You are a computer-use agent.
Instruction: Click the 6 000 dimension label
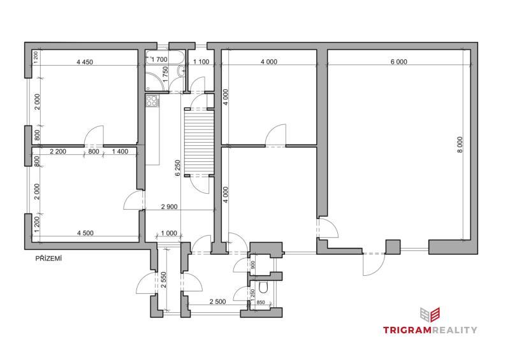[x=399, y=62]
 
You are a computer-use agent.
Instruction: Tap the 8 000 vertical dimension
[x=460, y=145]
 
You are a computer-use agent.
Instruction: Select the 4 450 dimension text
[x=85, y=62]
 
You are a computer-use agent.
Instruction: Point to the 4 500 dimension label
[x=85, y=233]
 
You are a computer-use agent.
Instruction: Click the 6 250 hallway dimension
[x=177, y=168]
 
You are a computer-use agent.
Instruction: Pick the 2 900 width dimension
[x=170, y=206]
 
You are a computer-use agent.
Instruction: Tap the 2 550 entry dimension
[x=164, y=280]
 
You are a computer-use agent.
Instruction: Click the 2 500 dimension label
[x=217, y=302]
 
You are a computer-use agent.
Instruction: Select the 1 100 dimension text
[x=201, y=62]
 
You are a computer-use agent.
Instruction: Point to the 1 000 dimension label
[x=169, y=233]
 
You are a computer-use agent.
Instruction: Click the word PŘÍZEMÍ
[x=48, y=259]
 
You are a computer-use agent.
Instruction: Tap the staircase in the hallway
[x=199, y=143]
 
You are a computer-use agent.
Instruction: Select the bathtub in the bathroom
[x=165, y=57]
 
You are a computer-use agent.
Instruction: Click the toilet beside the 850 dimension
[x=263, y=288]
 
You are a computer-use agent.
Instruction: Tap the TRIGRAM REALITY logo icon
[x=430, y=315]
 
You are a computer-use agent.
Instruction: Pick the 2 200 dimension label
[x=58, y=152]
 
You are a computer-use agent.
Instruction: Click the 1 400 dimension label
[x=120, y=152]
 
